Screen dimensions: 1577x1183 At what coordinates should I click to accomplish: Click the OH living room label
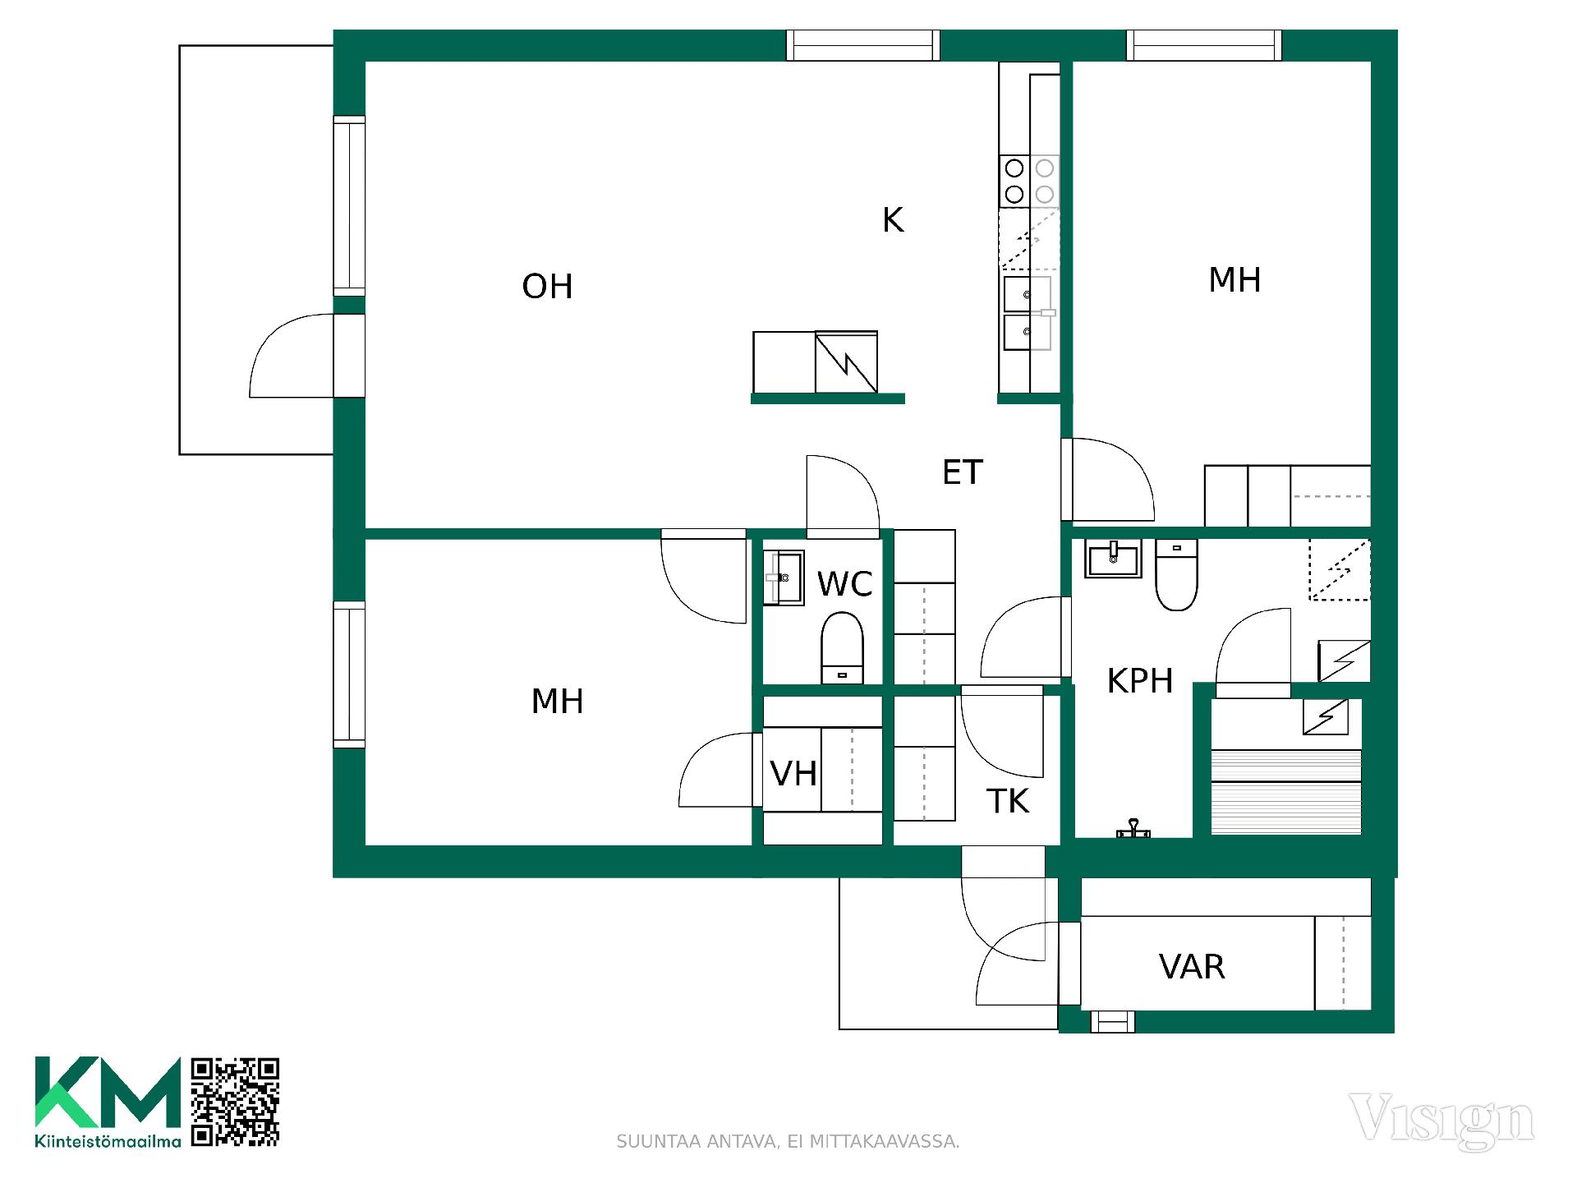tap(547, 287)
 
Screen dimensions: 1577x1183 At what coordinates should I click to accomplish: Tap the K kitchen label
tap(893, 220)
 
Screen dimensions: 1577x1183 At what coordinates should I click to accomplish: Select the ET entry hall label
tap(962, 472)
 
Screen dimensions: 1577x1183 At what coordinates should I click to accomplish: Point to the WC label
tap(844, 584)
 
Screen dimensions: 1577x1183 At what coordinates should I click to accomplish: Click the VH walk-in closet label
tap(793, 774)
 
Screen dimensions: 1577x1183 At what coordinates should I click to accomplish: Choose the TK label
tap(1008, 801)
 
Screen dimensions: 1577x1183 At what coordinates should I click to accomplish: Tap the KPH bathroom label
tap(1140, 681)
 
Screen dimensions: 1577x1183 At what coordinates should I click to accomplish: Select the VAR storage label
tap(1192, 967)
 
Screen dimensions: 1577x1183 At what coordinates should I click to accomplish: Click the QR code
tap(235, 1102)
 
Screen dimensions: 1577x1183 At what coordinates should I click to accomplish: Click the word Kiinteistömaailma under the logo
tap(108, 1141)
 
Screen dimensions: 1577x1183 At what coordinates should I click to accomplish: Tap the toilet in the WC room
tap(842, 647)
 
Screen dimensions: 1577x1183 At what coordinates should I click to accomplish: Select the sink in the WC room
tap(784, 578)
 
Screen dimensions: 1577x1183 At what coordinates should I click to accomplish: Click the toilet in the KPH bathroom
tap(1176, 574)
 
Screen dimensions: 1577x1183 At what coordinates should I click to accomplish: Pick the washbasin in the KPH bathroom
tap(1113, 559)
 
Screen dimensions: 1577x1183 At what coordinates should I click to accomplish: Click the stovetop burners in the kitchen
tap(1029, 182)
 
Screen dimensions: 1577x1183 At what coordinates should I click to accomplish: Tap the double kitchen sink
tap(1028, 313)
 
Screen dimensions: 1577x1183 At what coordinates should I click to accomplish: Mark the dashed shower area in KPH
tap(1339, 569)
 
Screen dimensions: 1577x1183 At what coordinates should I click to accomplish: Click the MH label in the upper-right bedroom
tap(1234, 280)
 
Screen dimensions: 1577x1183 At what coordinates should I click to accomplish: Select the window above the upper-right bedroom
tap(1204, 45)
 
